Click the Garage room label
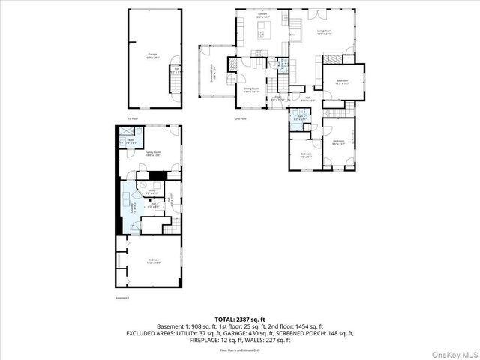pyautogui.click(x=153, y=56)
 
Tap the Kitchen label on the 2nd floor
pyautogui.click(x=262, y=14)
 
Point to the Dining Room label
pyautogui.click(x=250, y=89)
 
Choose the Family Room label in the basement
pyautogui.click(x=153, y=153)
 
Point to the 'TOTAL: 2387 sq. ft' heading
pyautogui.click(x=240, y=319)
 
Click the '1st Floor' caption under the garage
pyautogui.click(x=132, y=118)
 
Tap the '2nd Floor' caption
pyautogui.click(x=240, y=118)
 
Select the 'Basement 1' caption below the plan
pyautogui.click(x=122, y=298)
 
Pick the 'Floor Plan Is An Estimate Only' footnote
pyautogui.click(x=240, y=349)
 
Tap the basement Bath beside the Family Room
pyautogui.click(x=130, y=139)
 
